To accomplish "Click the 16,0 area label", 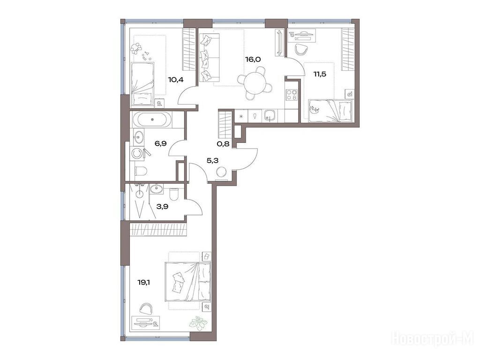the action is click(x=253, y=59).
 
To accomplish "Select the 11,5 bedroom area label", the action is click(x=319, y=74).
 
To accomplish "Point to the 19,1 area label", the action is click(x=144, y=282).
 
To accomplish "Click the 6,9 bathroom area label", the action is click(x=160, y=143).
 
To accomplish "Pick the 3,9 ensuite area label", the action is click(x=162, y=206).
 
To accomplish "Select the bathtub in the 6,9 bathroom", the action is click(x=152, y=120).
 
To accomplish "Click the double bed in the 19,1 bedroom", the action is click(x=187, y=281).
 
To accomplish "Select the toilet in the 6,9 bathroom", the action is click(x=140, y=171).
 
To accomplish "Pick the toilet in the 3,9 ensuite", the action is click(x=173, y=193).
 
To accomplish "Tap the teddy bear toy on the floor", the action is click(x=135, y=48).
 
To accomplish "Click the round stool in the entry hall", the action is click(x=221, y=173).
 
